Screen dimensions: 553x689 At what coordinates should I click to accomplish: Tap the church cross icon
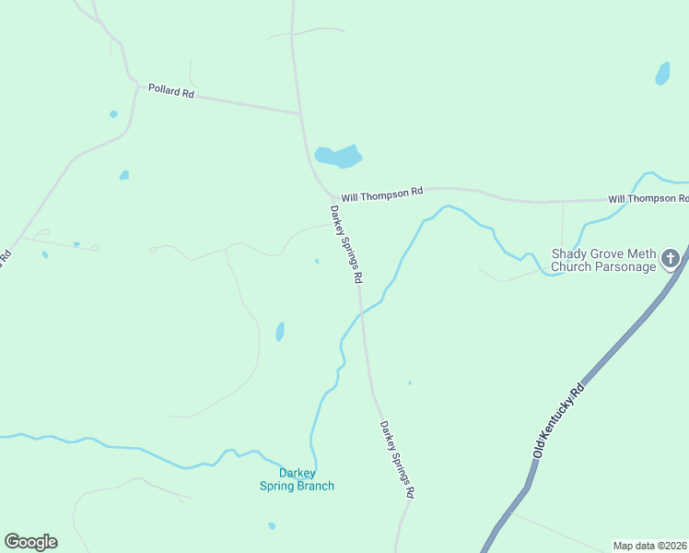pyautogui.click(x=670, y=258)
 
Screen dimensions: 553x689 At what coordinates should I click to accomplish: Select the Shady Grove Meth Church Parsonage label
pyautogui.click(x=603, y=261)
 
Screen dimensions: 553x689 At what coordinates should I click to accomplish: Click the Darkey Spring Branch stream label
pyautogui.click(x=297, y=480)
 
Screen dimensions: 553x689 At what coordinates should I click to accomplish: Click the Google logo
pyautogui.click(x=30, y=542)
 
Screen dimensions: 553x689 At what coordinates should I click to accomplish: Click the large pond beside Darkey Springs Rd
pyautogui.click(x=337, y=157)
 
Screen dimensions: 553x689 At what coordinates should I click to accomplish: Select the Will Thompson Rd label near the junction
pyautogui.click(x=381, y=194)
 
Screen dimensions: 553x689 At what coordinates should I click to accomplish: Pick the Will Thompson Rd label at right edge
pyautogui.click(x=648, y=199)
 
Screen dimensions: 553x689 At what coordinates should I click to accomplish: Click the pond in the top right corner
pyautogui.click(x=662, y=74)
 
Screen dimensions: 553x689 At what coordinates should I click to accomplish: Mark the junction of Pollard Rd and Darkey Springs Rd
pyautogui.click(x=300, y=114)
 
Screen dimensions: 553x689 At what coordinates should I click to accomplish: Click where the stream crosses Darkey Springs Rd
pyautogui.click(x=360, y=313)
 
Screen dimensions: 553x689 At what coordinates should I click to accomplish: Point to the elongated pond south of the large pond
pyautogui.click(x=280, y=332)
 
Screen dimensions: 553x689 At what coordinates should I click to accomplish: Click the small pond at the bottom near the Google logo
pyautogui.click(x=272, y=526)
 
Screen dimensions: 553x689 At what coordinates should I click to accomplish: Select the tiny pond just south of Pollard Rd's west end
pyautogui.click(x=113, y=114)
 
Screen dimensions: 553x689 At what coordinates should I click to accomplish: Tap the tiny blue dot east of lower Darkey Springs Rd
pyautogui.click(x=410, y=382)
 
